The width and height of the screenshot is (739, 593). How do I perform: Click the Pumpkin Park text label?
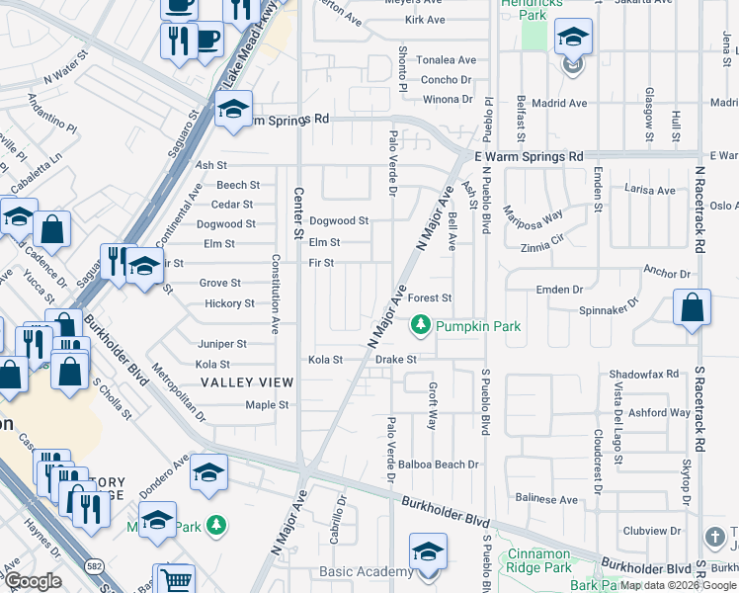478,325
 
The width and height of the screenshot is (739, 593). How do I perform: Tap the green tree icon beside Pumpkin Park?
421,324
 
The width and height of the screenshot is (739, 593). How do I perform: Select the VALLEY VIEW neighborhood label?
247,381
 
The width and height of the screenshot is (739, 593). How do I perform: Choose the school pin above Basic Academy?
428,551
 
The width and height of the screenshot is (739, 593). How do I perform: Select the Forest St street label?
430,297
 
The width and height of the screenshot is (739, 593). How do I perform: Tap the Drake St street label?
397,360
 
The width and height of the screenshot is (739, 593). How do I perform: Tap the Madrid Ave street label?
562,103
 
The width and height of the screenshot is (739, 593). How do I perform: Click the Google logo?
33,581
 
